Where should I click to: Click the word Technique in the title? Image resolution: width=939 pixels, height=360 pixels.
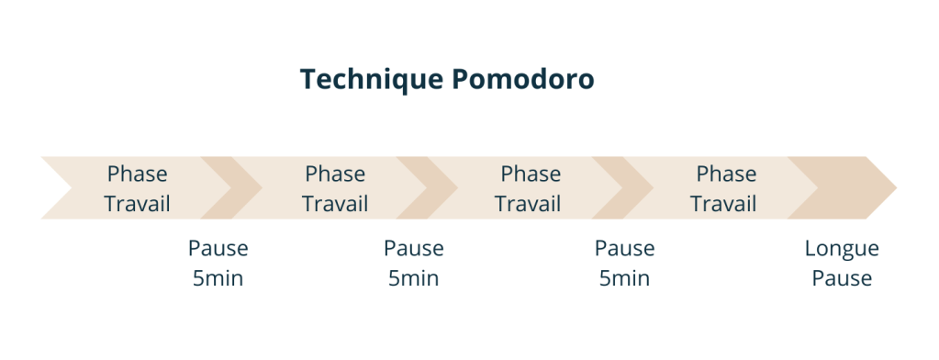372,80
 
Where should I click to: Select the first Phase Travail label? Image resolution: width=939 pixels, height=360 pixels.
137,188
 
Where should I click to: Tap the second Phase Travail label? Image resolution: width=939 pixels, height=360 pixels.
335,188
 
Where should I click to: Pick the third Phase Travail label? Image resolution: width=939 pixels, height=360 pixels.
530,188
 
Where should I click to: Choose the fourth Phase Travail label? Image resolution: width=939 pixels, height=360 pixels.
725,188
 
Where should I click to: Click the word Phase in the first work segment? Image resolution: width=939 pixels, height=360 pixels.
137,174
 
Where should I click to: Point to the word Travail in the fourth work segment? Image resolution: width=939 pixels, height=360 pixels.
724,203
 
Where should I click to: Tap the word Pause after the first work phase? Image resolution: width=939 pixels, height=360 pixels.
218,248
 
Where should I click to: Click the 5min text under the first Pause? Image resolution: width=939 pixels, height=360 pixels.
218,277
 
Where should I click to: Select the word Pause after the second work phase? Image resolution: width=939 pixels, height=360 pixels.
413,248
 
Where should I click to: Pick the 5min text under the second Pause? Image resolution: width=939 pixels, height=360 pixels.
413,277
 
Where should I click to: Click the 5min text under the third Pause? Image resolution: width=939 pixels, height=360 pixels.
624,277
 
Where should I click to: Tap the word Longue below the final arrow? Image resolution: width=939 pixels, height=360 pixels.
842,248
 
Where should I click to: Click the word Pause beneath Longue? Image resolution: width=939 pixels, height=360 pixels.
842,277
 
